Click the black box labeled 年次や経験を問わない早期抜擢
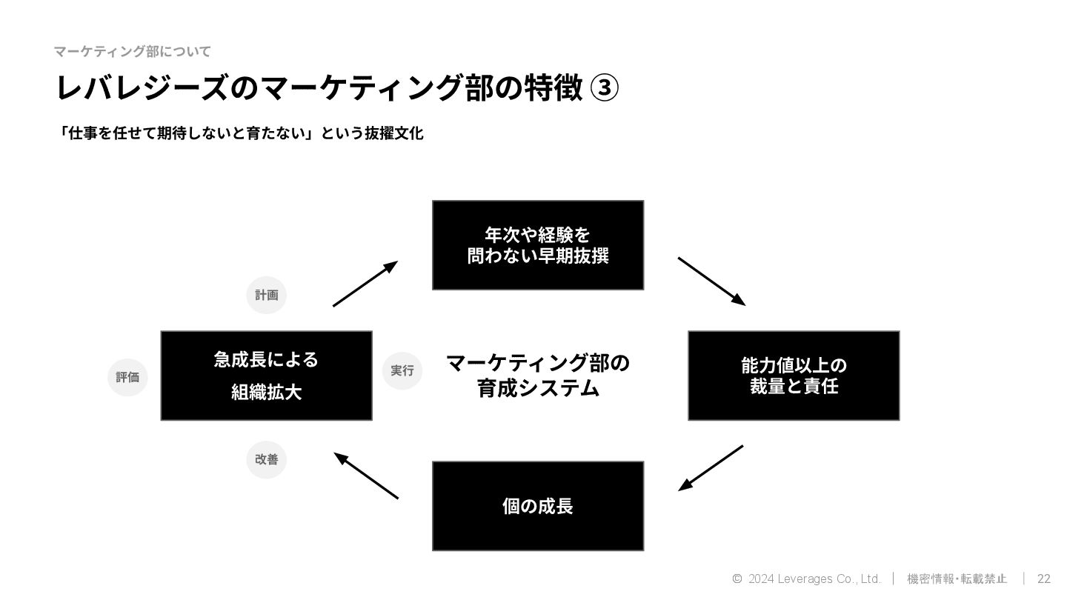tap(537, 245)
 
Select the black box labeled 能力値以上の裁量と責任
tap(793, 376)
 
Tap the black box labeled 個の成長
tap(537, 506)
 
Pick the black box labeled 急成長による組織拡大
tap(266, 376)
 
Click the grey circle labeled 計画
tap(266, 295)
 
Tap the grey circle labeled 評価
tap(127, 377)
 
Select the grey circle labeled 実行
tap(402, 370)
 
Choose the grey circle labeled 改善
tap(266, 459)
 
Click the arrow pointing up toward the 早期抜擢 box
tap(365, 284)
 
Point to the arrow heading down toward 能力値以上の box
tap(711, 281)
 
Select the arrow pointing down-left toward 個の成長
tap(711, 468)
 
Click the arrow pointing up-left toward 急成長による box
tap(366, 476)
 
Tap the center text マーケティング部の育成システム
tap(537, 376)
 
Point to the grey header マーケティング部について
tap(132, 51)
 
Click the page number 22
tap(1043, 579)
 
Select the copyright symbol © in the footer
tap(737, 579)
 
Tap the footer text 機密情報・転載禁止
tap(957, 579)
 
